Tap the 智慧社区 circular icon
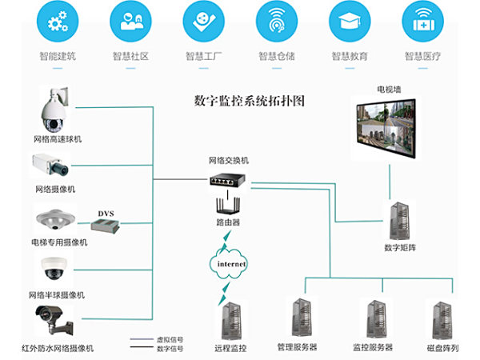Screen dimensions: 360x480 130,22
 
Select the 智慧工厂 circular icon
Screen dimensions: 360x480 203,22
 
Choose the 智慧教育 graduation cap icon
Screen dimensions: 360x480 350,22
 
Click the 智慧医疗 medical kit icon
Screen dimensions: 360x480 423,22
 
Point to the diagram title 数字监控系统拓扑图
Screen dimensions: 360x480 249,102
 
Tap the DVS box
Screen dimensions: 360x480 108,227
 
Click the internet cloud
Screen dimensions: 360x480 231,263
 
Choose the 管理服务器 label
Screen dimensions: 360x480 297,348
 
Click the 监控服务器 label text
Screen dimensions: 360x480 372,348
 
